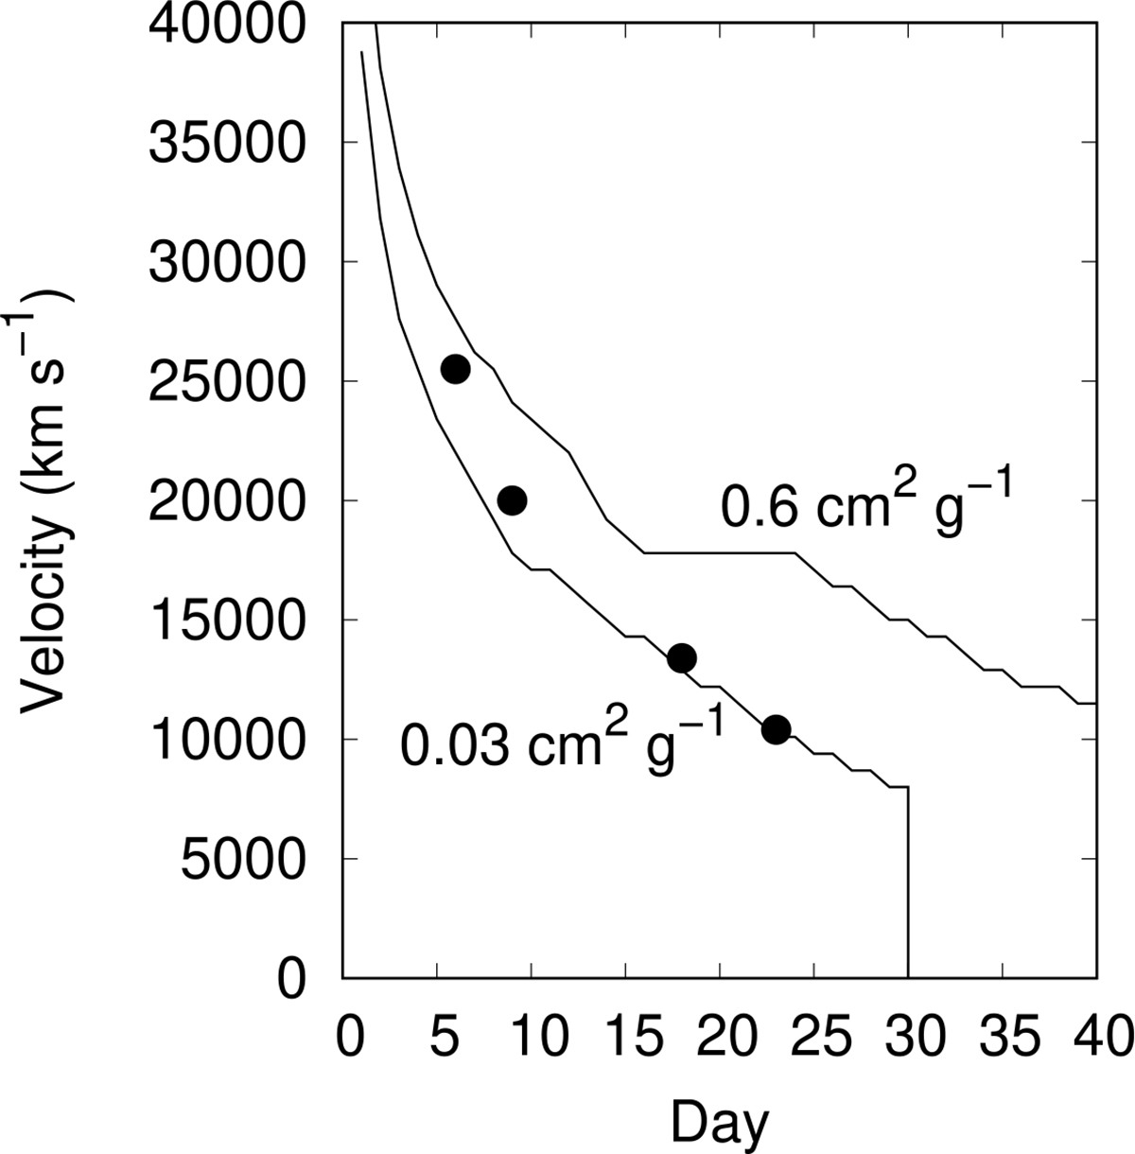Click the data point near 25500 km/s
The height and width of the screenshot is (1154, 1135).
(x=455, y=369)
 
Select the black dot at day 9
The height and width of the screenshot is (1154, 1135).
(x=512, y=500)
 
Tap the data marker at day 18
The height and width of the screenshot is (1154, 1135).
(x=682, y=658)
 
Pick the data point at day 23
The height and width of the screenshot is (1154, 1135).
(x=776, y=729)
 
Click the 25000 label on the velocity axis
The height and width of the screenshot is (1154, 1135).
(x=227, y=381)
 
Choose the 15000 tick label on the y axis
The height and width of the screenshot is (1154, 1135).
(x=227, y=621)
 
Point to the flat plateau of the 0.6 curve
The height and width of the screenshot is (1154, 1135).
(x=719, y=552)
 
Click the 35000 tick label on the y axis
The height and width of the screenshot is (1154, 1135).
(x=227, y=142)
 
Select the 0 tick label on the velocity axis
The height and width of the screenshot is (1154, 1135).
(x=292, y=978)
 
